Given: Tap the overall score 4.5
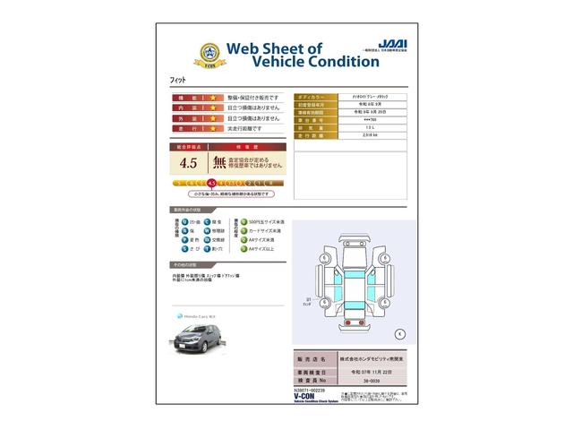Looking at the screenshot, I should tap(189, 163).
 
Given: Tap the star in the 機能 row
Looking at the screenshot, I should tap(213, 97).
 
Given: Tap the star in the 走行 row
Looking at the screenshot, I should tap(213, 129).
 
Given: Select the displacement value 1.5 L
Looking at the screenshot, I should tap(344, 128).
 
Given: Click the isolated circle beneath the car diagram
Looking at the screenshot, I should tap(399, 333).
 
